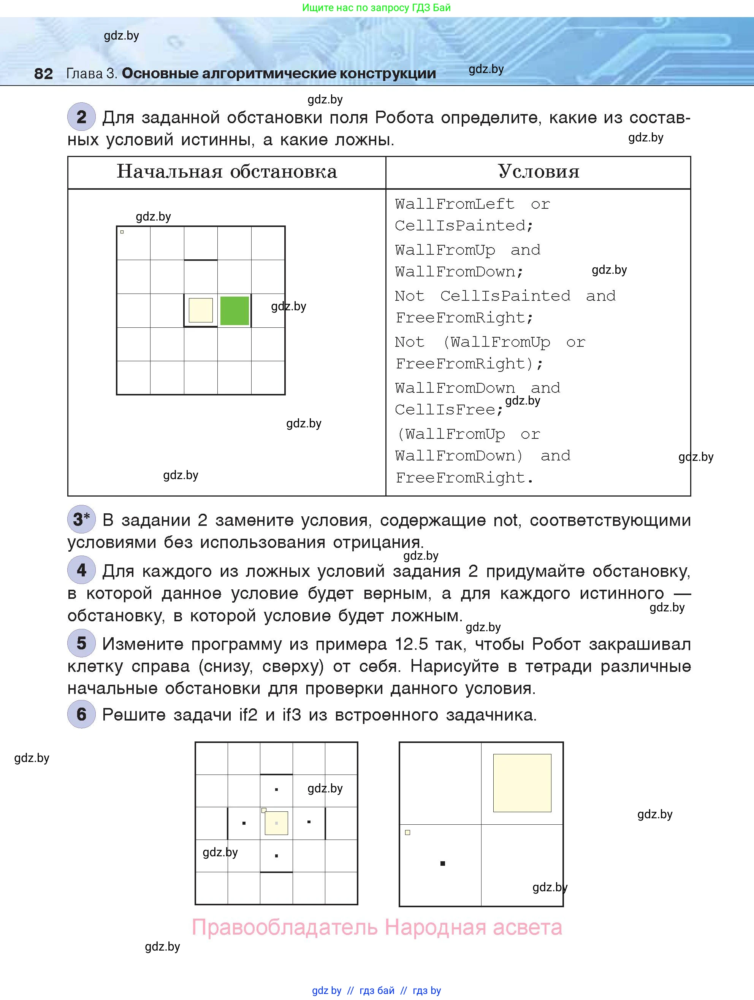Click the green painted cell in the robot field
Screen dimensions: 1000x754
point(234,311)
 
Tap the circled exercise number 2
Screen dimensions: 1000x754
point(81,117)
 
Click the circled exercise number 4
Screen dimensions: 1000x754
point(81,570)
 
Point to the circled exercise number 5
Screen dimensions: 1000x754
point(81,643)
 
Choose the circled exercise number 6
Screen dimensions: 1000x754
point(81,714)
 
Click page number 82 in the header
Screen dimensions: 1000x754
point(43,73)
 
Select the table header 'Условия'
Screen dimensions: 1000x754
point(538,172)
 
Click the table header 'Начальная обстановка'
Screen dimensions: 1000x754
point(227,172)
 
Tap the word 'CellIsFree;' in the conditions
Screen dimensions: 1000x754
point(448,410)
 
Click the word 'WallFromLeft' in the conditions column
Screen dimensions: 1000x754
point(455,204)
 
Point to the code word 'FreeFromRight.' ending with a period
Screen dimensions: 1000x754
point(464,478)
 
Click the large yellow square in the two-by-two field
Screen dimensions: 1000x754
point(522,783)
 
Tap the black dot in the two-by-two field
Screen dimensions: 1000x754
point(443,863)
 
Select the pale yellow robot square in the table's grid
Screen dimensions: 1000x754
point(201,310)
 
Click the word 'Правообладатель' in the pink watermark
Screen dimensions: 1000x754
point(285,927)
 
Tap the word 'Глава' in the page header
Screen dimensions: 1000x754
point(84,73)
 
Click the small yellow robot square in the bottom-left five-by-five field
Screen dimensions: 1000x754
point(276,823)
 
